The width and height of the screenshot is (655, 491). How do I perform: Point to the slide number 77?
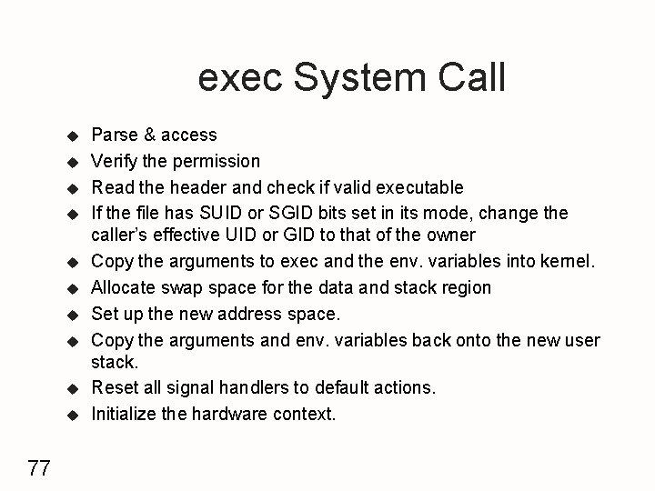39,469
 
